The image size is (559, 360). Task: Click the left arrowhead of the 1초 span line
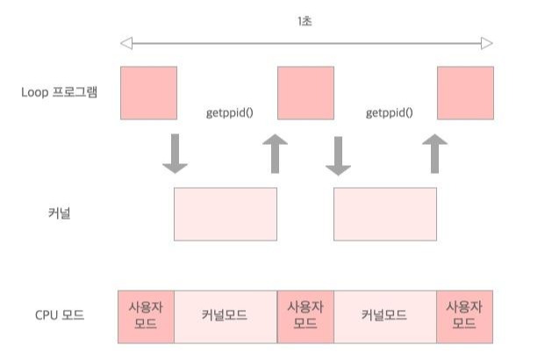(x=125, y=43)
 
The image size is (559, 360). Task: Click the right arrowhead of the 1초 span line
(x=487, y=43)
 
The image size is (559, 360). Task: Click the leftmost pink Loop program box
(x=148, y=93)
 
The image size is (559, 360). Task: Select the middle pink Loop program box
(x=305, y=93)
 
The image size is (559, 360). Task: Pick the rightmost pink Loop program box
(x=465, y=93)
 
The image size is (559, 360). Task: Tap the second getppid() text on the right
(x=389, y=112)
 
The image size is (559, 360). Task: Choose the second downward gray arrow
(x=338, y=154)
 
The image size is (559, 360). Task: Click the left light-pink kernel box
(x=226, y=213)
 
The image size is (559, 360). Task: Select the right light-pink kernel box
(x=385, y=213)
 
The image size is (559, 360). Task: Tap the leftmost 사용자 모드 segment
(x=146, y=315)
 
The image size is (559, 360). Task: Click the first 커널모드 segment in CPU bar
(x=225, y=315)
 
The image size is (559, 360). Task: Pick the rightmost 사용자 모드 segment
(x=464, y=315)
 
